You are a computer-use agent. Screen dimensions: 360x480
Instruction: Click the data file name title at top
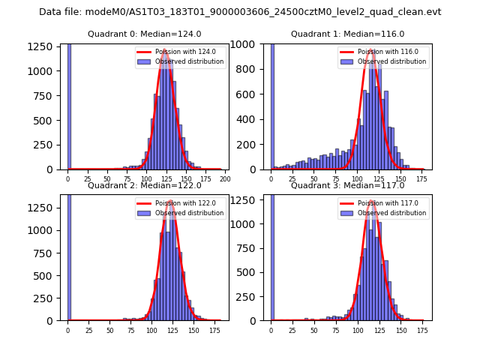click(x=240, y=12)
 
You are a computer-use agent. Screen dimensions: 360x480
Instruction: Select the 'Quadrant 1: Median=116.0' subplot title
click(x=347, y=34)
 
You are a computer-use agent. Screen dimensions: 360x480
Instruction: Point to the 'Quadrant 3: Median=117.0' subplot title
click(x=347, y=185)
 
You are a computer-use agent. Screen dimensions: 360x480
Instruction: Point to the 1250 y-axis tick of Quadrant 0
click(x=43, y=46)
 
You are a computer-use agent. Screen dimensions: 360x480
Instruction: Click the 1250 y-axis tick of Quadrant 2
click(x=43, y=205)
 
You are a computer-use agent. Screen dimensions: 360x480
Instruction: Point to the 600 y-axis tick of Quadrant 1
click(x=249, y=94)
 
